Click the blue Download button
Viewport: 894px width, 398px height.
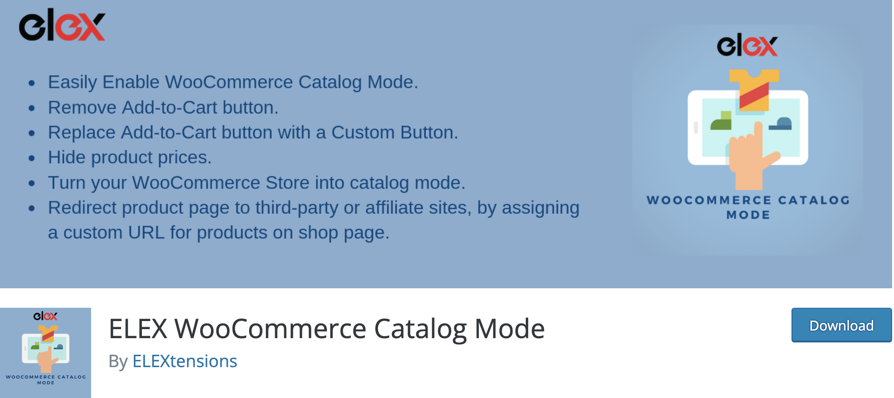pos(841,325)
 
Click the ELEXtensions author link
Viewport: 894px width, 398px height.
pos(185,361)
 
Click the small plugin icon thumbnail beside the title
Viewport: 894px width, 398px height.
pos(46,352)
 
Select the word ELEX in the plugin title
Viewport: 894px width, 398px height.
pos(138,329)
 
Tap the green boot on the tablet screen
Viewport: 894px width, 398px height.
pos(721,121)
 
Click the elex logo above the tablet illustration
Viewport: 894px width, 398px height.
pos(747,45)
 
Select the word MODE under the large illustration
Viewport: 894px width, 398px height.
pos(748,215)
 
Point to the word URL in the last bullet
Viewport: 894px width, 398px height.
pos(146,233)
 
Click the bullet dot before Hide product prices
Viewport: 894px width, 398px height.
pos(32,158)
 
